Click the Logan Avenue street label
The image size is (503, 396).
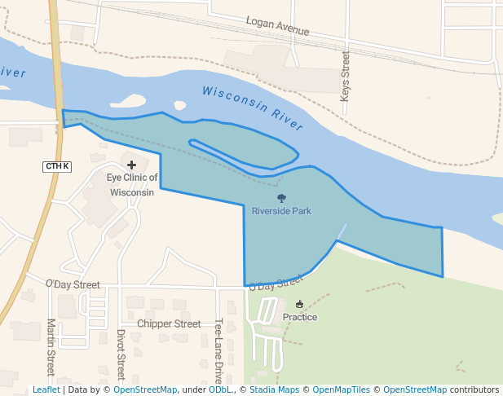[x=277, y=25]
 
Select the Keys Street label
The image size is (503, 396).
[x=345, y=77]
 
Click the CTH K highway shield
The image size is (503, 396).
[x=57, y=166]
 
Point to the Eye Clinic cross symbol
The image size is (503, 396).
[x=131, y=165]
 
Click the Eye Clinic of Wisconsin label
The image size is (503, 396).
[x=131, y=185]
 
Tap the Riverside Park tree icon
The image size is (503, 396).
[x=281, y=198]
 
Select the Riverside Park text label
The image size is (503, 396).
[x=281, y=211]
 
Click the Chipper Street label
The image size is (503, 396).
[x=169, y=323]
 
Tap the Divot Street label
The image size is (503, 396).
[x=120, y=354]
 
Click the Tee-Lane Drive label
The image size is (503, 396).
[x=218, y=351]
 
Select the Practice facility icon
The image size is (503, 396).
[x=299, y=304]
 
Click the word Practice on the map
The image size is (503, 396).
[x=300, y=317]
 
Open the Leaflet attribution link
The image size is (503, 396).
[x=46, y=390]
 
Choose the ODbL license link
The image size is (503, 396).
[x=220, y=390]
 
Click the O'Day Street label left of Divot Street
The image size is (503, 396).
[x=73, y=284]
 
